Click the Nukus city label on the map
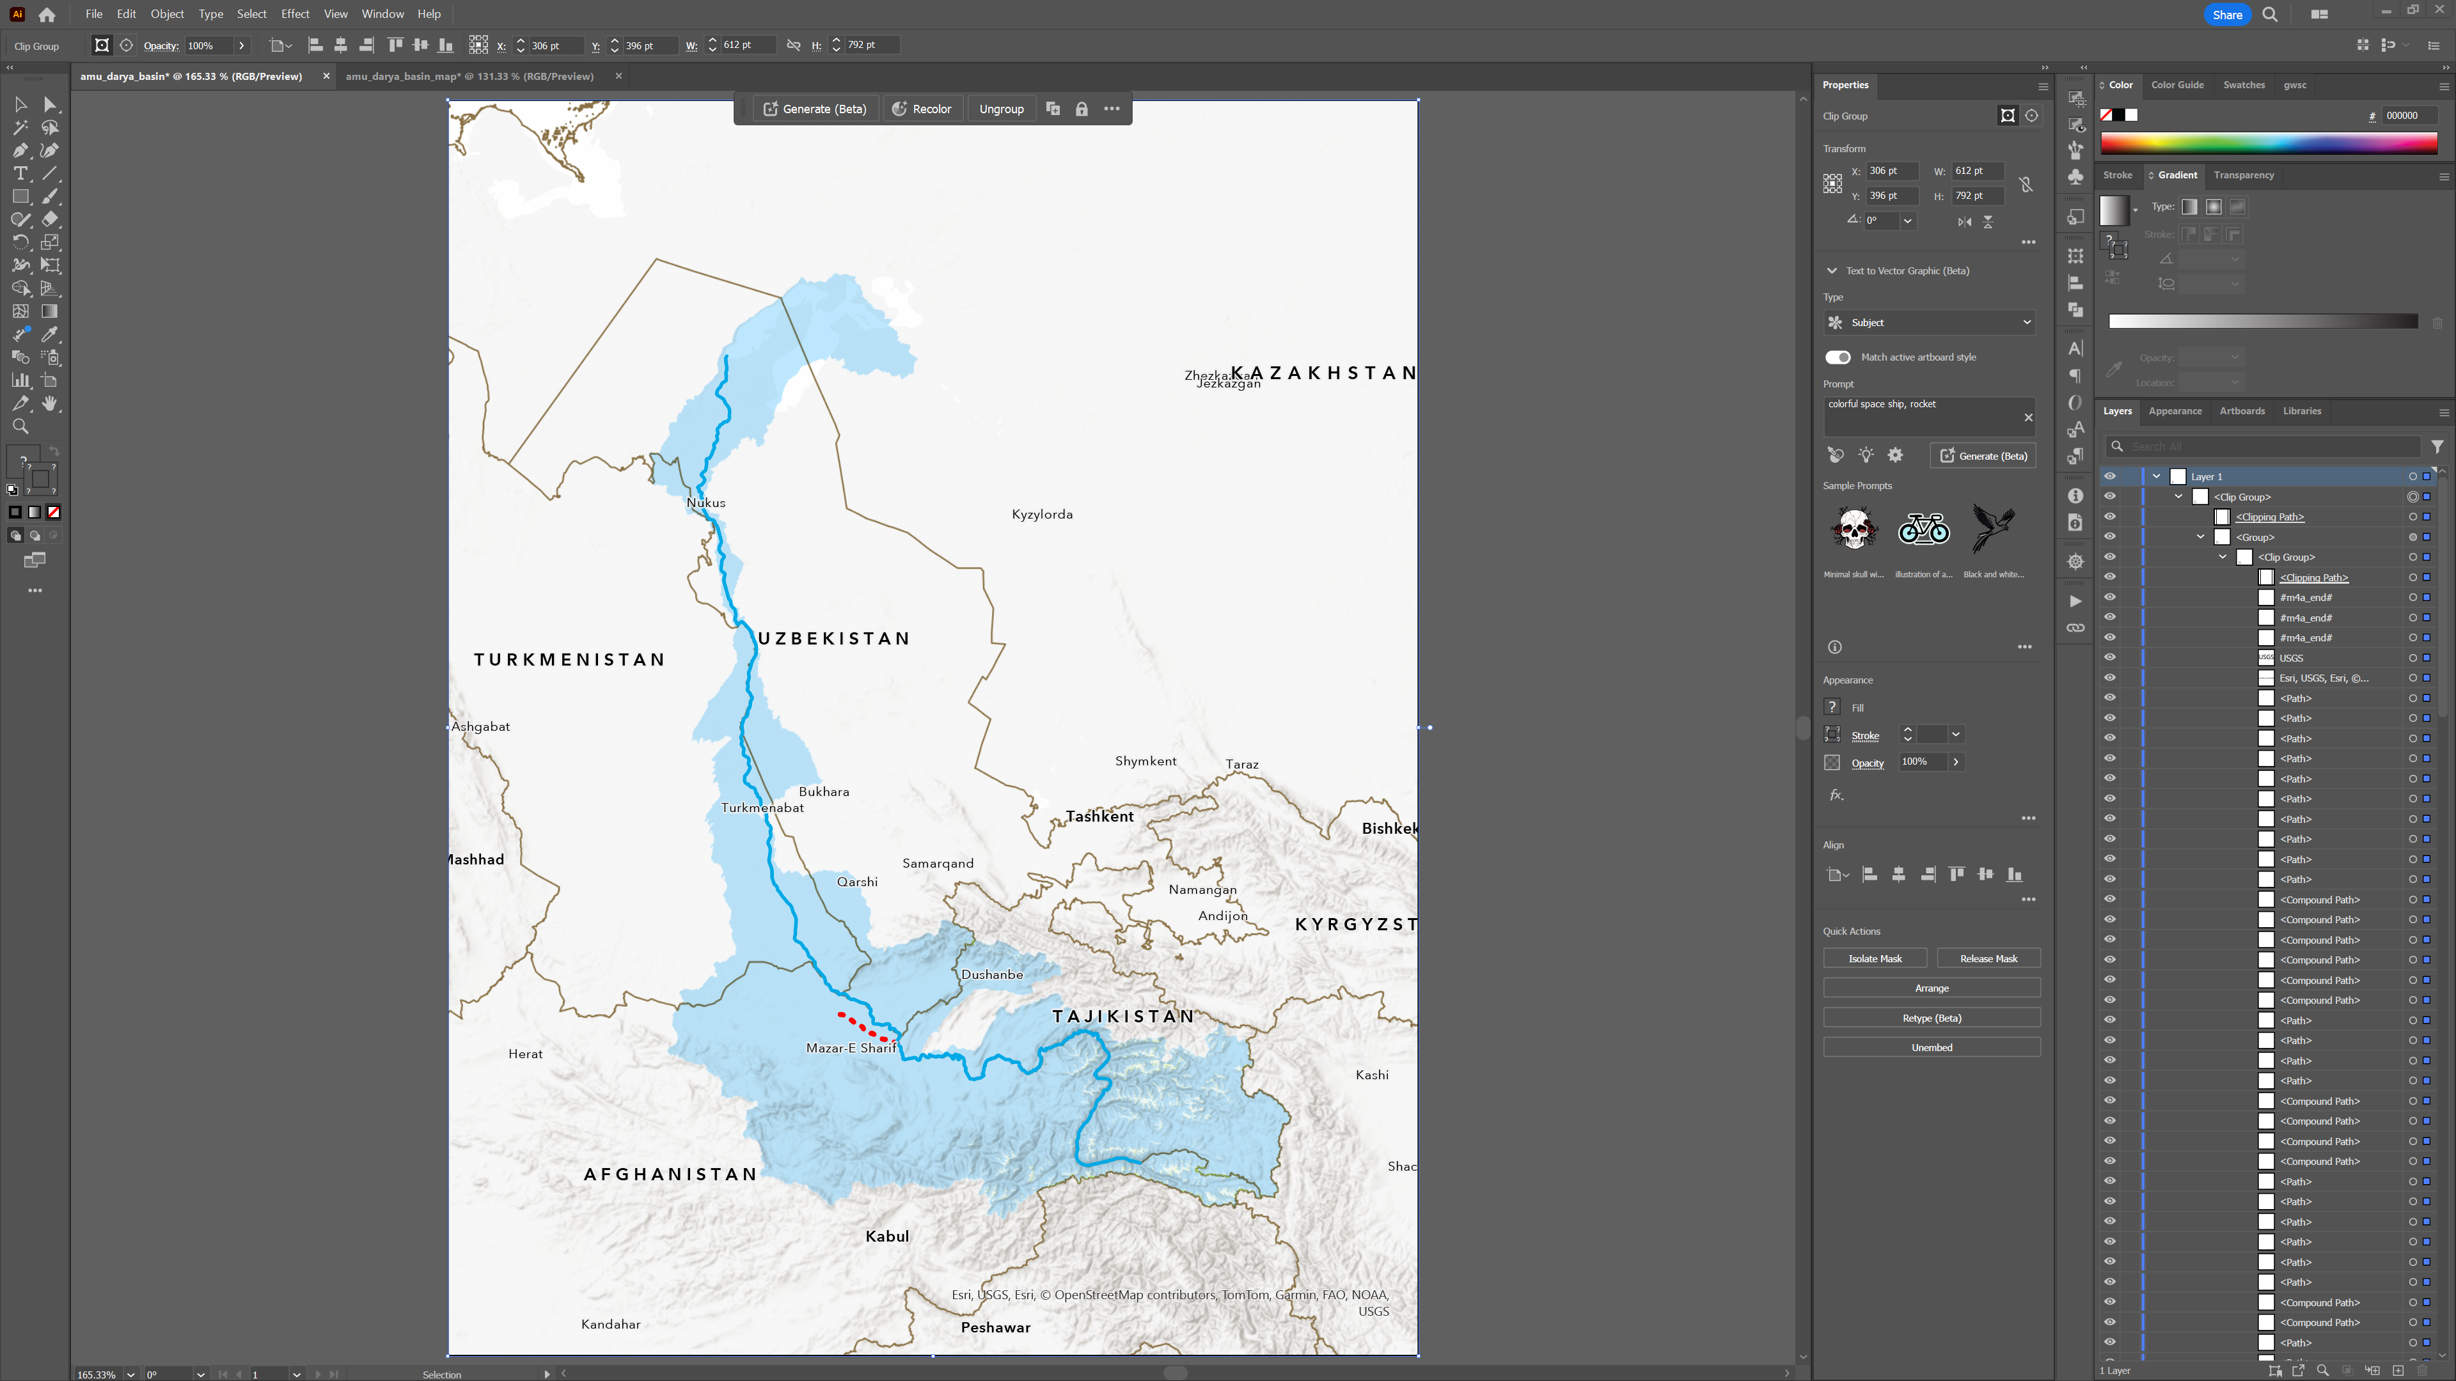click(705, 503)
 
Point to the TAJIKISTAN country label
click(1123, 1016)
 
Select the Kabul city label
click(886, 1236)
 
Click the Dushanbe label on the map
click(991, 974)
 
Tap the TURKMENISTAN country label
click(569, 660)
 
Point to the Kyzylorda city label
click(1042, 515)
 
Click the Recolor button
click(921, 109)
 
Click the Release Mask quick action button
click(1988, 959)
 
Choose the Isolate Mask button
click(1875, 959)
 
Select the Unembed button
click(1931, 1047)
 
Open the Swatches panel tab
click(2244, 85)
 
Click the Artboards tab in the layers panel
click(2242, 410)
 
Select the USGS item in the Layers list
click(2290, 658)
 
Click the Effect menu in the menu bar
click(295, 14)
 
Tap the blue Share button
click(2226, 14)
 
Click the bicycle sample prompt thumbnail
click(1923, 529)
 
